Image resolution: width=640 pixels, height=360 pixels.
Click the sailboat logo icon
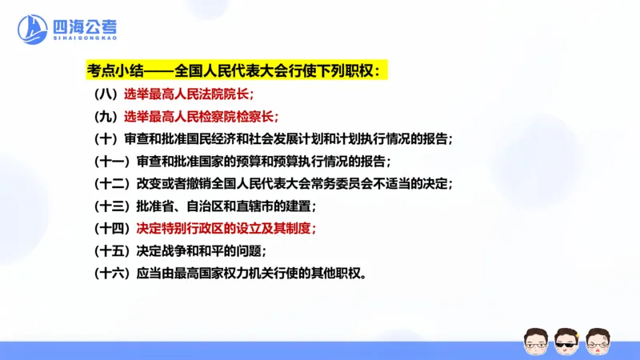pyautogui.click(x=33, y=30)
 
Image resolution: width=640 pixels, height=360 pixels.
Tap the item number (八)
pyautogui.click(x=106, y=94)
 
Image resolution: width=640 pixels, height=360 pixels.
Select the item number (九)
pyautogui.click(x=106, y=116)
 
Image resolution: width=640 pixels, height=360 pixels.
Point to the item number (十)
pyautogui.click(x=106, y=138)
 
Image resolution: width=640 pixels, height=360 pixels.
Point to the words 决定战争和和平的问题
pyautogui.click(x=200, y=250)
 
